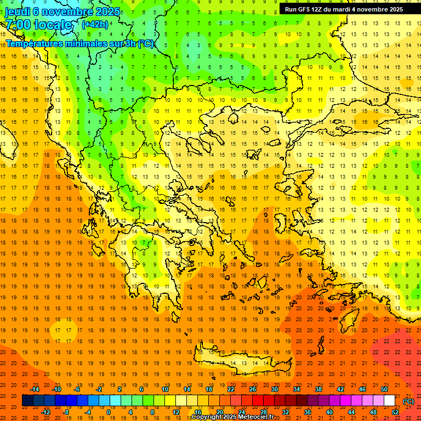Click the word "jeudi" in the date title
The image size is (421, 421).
click(x=18, y=11)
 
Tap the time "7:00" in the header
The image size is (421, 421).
click(x=17, y=25)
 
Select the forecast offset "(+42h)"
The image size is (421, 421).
click(x=95, y=24)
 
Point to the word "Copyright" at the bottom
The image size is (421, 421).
click(x=207, y=417)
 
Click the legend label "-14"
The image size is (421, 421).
click(x=36, y=389)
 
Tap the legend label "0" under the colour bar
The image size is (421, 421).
click(x=109, y=412)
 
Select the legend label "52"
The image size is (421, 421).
click(x=395, y=412)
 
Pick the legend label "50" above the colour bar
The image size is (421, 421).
click(x=384, y=389)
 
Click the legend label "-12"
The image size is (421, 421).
click(x=46, y=412)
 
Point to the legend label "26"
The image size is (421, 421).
click(x=253, y=389)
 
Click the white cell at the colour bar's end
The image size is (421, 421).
click(x=389, y=401)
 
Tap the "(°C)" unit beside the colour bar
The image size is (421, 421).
click(x=408, y=401)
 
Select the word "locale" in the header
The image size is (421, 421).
click(x=53, y=25)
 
